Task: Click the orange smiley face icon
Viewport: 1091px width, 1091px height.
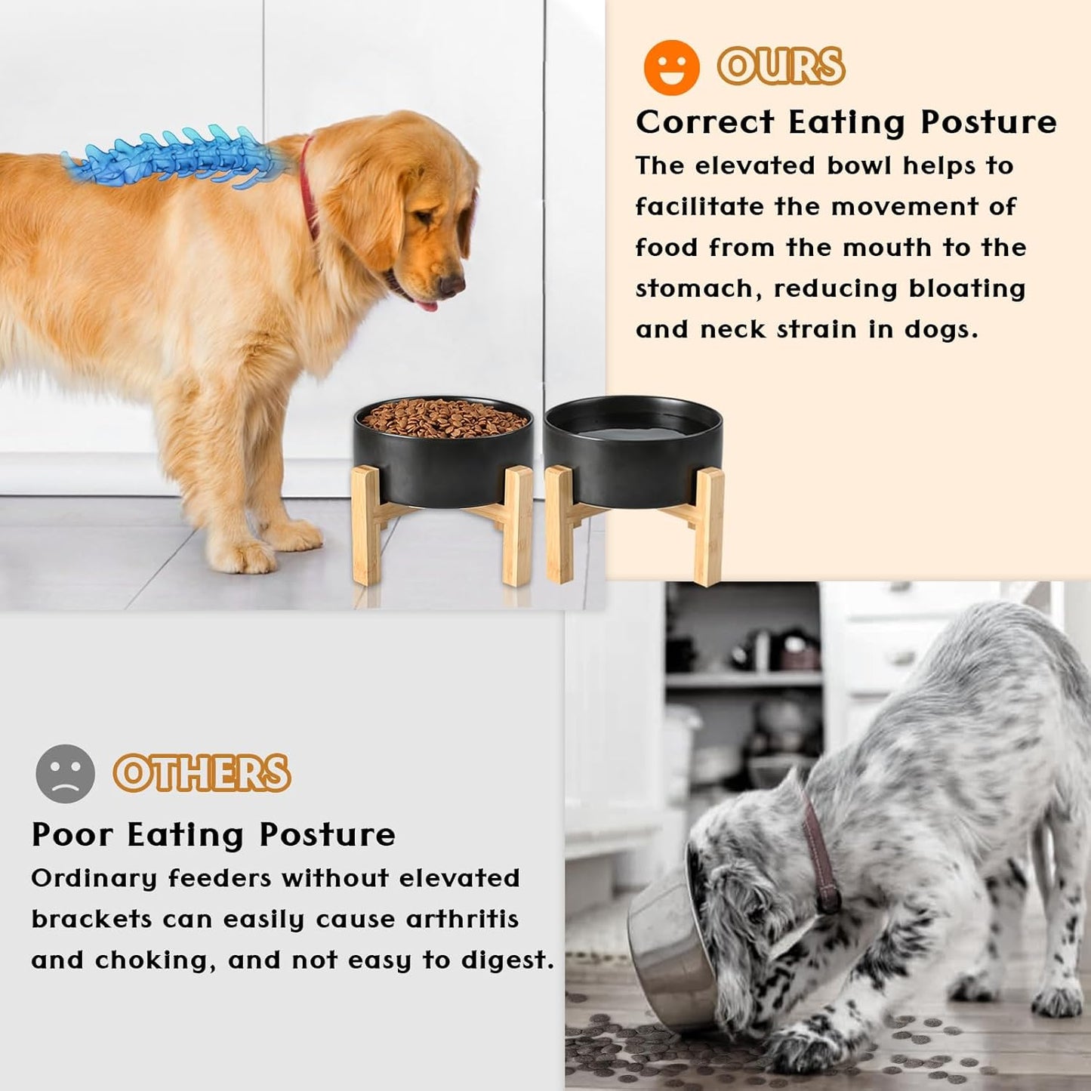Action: click(671, 67)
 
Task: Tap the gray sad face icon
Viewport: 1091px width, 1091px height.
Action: click(66, 773)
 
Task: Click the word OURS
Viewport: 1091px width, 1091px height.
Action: click(781, 66)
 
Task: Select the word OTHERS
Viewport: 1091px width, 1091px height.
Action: click(202, 773)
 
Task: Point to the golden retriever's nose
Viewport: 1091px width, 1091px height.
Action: click(452, 285)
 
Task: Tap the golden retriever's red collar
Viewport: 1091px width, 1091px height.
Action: click(307, 189)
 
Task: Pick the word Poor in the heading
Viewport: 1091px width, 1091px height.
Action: click(72, 835)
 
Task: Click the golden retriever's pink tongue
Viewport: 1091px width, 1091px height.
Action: click(427, 306)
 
